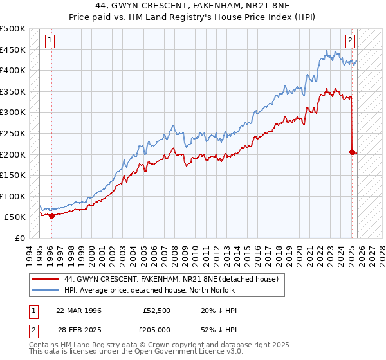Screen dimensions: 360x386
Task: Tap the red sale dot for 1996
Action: click(x=51, y=216)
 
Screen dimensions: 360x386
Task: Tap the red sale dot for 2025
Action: click(x=352, y=152)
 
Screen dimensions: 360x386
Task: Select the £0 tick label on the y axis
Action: click(x=19, y=238)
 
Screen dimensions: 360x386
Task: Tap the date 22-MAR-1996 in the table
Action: click(x=78, y=310)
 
